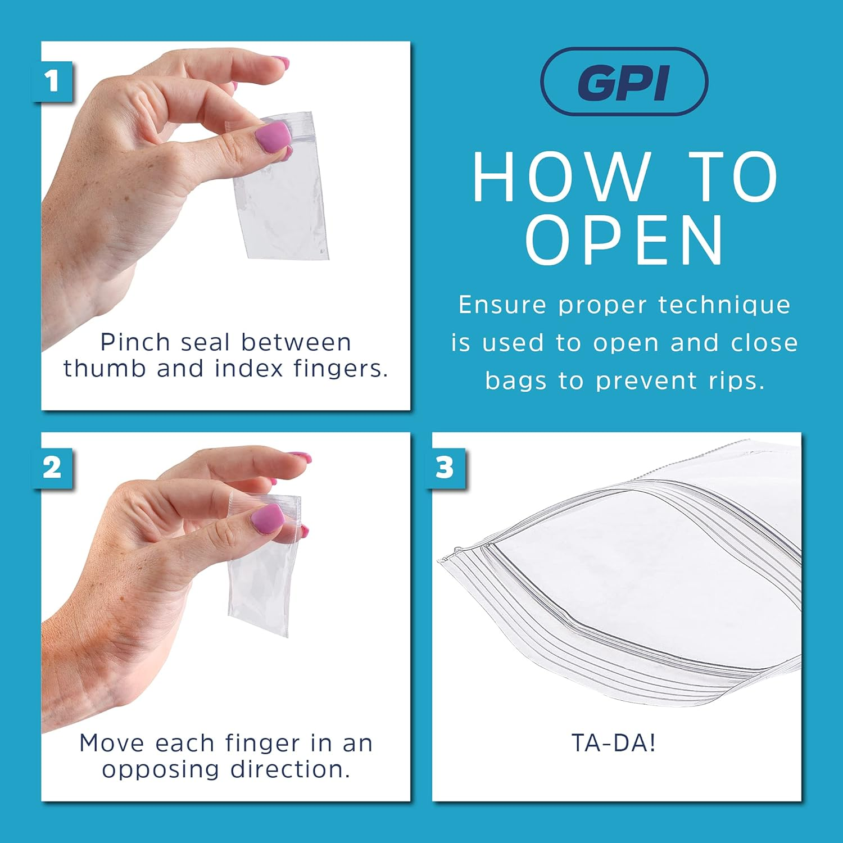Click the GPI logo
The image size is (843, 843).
624,82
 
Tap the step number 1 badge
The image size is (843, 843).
52,81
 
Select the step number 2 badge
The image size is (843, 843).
52,468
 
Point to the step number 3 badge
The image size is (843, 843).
445,468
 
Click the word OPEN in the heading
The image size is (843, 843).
625,241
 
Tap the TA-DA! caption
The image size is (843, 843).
614,743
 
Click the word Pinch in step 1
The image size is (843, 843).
135,342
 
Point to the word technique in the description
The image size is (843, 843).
724,305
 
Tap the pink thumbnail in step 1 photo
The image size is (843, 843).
274,137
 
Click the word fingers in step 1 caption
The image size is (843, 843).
341,369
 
